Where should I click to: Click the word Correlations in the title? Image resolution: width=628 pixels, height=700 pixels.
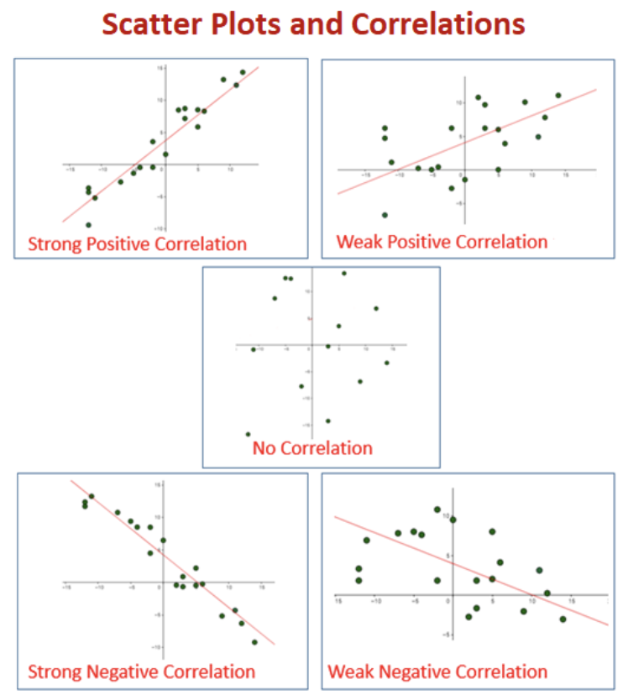[x=437, y=25]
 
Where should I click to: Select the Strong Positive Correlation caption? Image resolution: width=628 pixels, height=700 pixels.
[x=138, y=244]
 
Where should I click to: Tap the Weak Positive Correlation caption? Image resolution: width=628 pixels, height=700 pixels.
[x=442, y=243]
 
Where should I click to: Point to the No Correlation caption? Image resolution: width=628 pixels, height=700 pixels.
[x=312, y=448]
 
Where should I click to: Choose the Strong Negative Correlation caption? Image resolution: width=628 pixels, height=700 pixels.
[x=141, y=671]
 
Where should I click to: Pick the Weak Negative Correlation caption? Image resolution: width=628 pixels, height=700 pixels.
[x=437, y=671]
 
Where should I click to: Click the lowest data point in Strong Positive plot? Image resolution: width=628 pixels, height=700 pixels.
[x=88, y=225]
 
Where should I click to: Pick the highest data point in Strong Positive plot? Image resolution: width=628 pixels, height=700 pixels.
[x=243, y=72]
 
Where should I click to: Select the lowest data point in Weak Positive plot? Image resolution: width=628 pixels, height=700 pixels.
[x=385, y=215]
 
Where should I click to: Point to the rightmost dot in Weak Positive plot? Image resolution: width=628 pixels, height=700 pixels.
[x=557, y=96]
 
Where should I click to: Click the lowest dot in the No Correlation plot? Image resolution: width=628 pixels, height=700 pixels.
[x=248, y=434]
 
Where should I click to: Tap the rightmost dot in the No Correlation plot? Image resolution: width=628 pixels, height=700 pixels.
[x=387, y=363]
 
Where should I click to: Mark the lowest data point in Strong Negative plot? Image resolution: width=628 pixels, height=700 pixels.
[x=254, y=642]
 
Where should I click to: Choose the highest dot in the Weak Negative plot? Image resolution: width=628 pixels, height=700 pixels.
[x=437, y=509]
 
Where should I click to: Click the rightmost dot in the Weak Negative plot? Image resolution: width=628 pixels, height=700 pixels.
[x=563, y=619]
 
